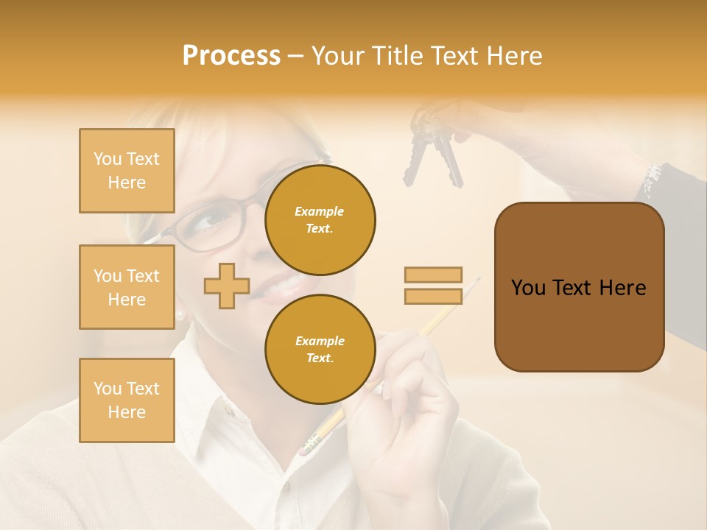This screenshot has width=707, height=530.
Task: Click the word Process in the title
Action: click(231, 56)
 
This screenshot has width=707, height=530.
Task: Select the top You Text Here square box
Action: click(127, 171)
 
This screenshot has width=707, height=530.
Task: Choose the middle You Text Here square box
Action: click(127, 287)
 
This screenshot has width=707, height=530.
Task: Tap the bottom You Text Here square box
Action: click(127, 400)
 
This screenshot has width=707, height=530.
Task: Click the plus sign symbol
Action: click(227, 286)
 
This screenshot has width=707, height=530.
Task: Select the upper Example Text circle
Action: click(320, 219)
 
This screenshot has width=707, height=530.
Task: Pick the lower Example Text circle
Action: click(320, 349)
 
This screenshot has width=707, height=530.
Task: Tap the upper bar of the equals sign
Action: click(434, 275)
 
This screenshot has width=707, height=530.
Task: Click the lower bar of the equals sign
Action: click(434, 296)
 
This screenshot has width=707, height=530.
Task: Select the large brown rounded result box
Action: click(579, 287)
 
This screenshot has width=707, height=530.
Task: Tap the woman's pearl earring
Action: click(180, 315)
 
